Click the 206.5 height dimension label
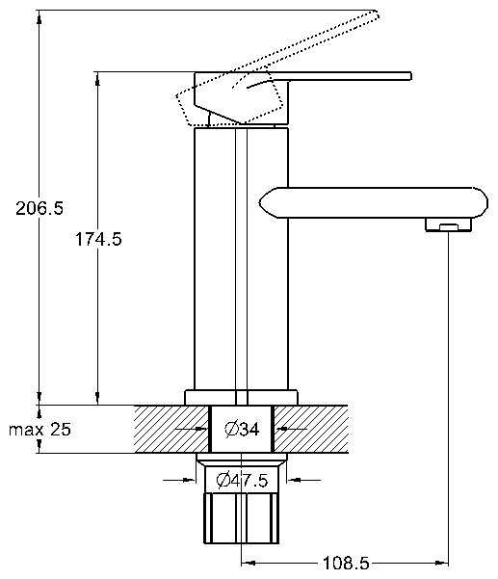(x=39, y=208)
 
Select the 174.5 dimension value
(x=98, y=239)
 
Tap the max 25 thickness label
(x=39, y=429)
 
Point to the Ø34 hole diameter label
(x=242, y=429)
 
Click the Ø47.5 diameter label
(x=242, y=480)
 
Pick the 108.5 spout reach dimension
(x=346, y=564)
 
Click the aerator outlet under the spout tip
(x=448, y=224)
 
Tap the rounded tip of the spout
(x=484, y=202)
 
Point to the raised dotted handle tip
(x=375, y=14)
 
